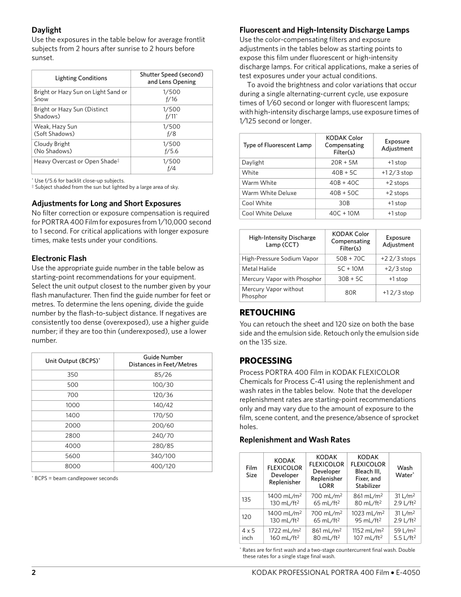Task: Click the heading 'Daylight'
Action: pos(46,29)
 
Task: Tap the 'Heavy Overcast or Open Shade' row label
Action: pos(76,162)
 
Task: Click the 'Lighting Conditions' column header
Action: pos(81,78)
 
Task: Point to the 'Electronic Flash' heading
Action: pos(59,258)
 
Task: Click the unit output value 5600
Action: pos(72,456)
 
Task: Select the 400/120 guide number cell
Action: pos(163,466)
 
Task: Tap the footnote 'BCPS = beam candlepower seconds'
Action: pos(75,478)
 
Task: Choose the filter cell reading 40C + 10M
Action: pos(343,213)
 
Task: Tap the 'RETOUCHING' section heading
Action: pos(267,312)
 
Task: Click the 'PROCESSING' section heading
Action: pos(266,360)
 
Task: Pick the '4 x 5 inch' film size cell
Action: pos(248,534)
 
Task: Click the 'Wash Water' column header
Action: pos(405,471)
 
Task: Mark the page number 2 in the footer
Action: pos(33,573)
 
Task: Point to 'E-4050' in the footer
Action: pos(408,573)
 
